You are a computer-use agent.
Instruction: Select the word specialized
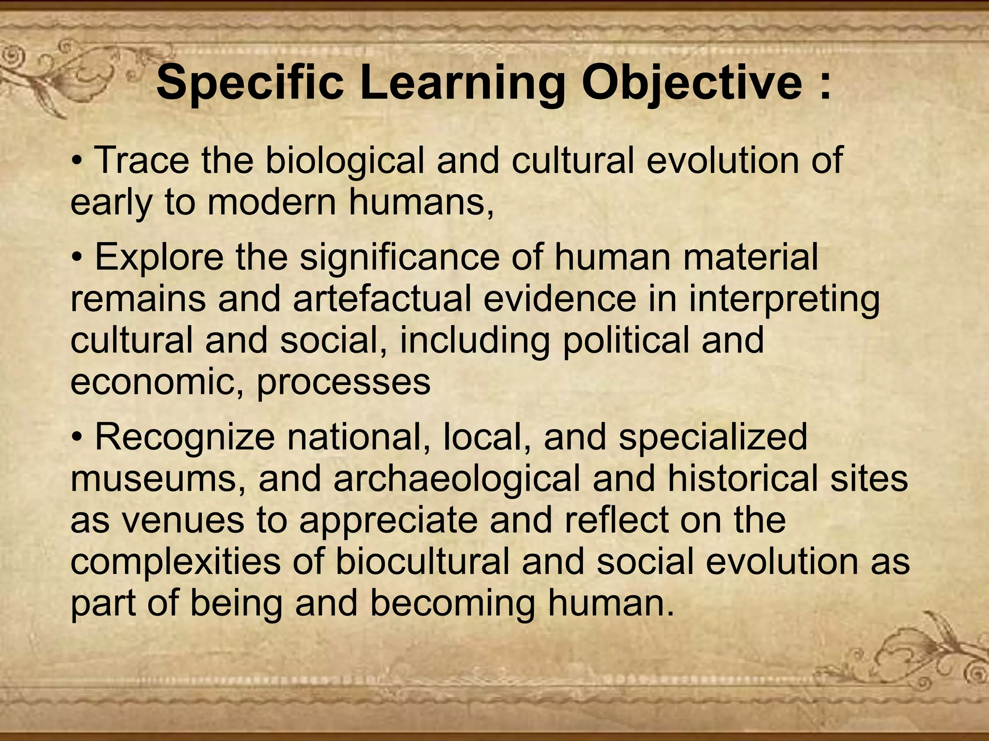coord(713,438)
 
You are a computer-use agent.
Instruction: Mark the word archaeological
coord(457,479)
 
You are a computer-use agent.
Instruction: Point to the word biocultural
coord(423,562)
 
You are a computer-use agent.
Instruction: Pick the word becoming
coord(452,604)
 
